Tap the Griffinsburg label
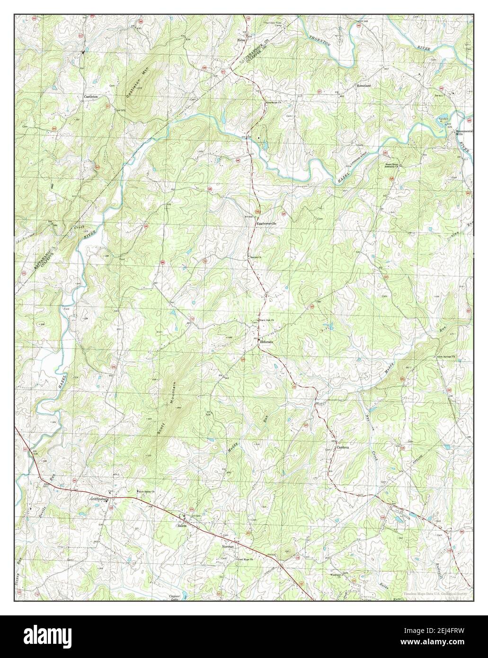(x=100, y=499)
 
